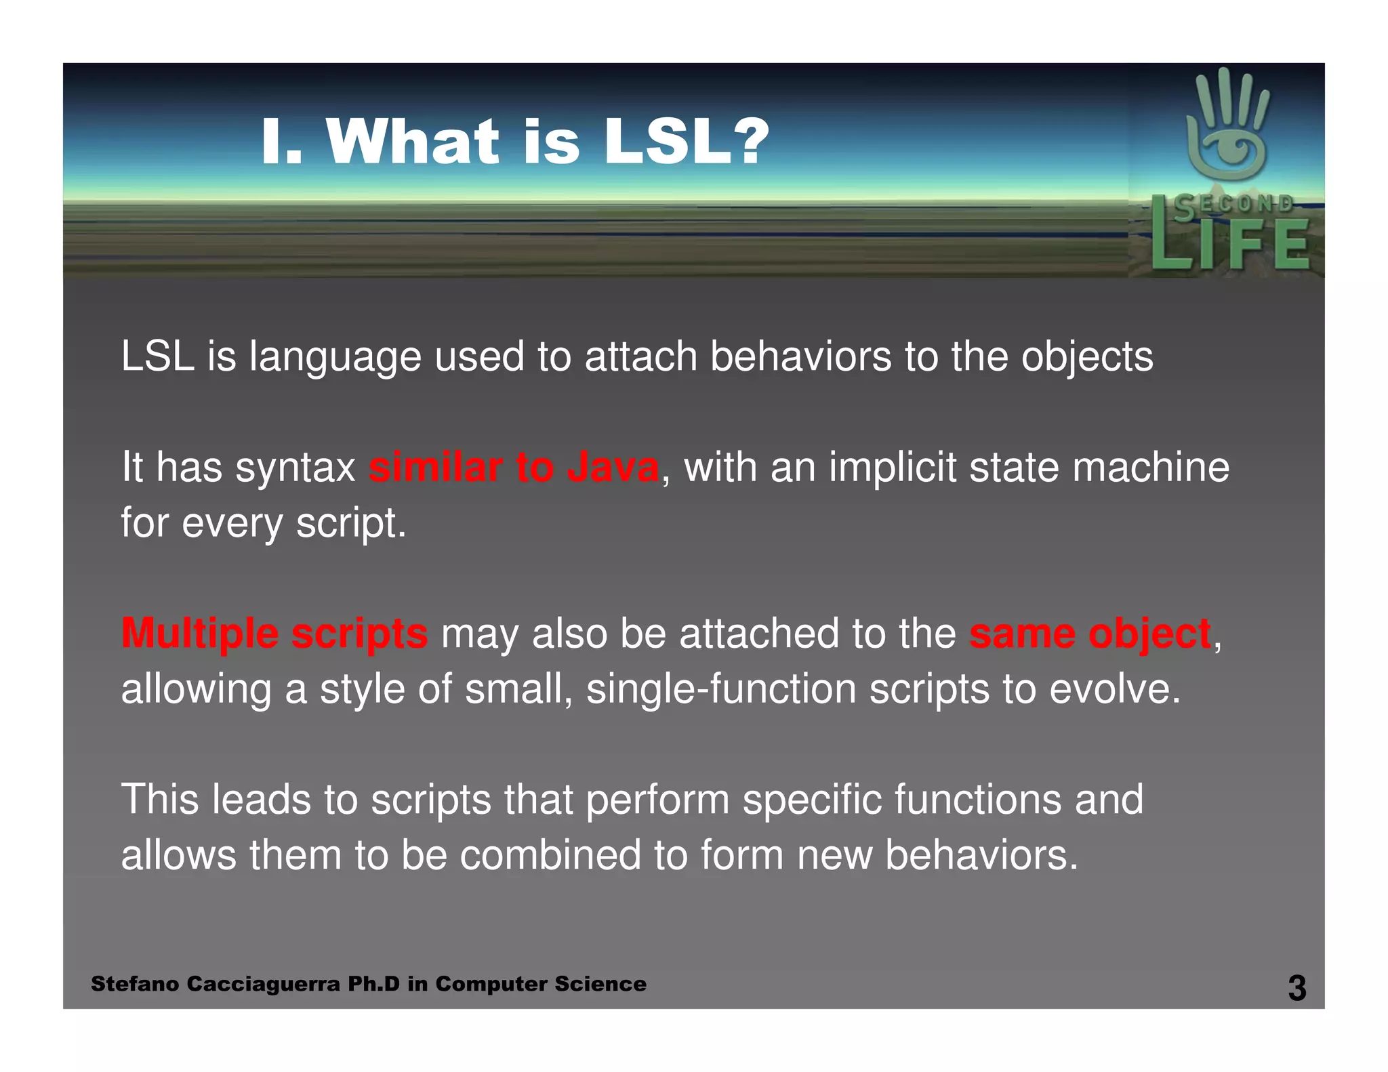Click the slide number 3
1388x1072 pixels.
point(1297,988)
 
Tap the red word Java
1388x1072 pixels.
point(613,468)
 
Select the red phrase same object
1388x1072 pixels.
point(1090,634)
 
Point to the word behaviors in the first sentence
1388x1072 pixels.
point(800,356)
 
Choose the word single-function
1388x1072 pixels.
point(721,689)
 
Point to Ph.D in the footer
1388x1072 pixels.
point(373,984)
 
